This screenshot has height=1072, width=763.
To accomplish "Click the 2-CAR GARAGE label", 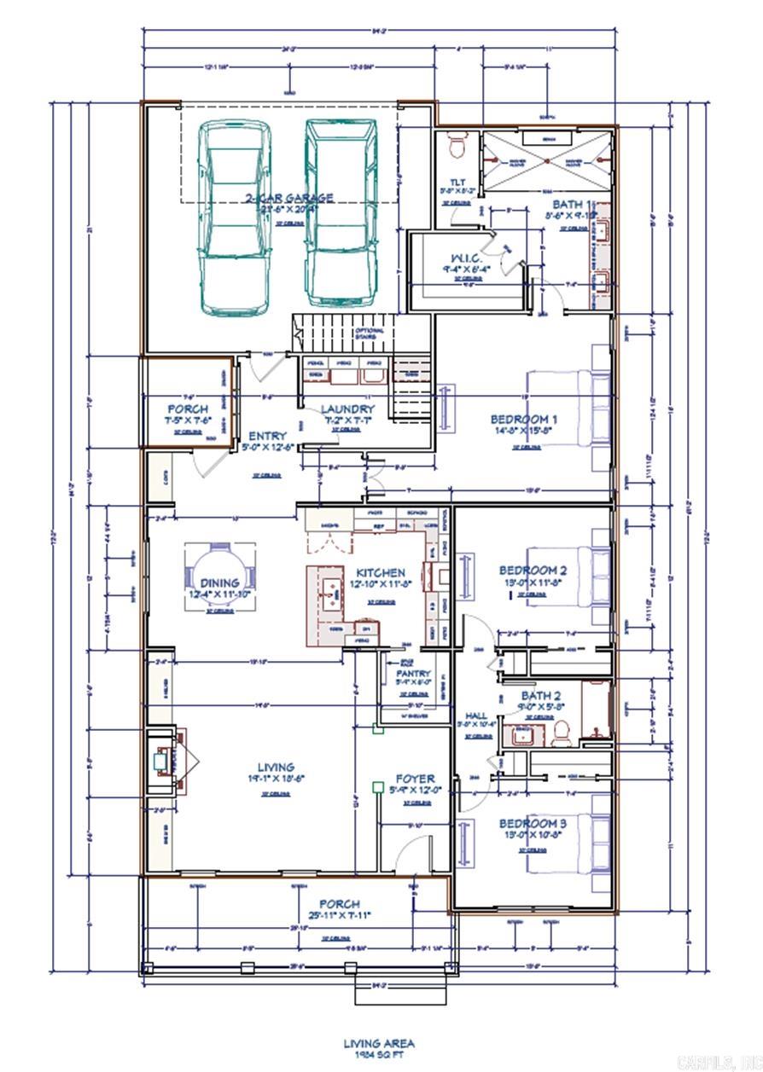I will point(289,198).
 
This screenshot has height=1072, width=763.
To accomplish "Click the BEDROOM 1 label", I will point(523,419).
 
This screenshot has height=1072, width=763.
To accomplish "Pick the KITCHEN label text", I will point(380,572).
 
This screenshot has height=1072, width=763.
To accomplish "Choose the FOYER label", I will point(415,779).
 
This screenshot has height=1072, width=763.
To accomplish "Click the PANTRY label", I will point(413,673).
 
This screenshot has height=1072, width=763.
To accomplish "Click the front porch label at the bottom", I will point(339,903).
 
